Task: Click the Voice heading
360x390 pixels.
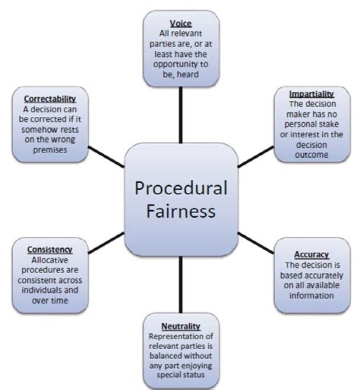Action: (181, 23)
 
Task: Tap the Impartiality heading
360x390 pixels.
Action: (311, 93)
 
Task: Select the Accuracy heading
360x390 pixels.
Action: (311, 255)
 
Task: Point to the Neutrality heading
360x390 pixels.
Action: (181, 327)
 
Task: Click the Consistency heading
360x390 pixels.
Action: (50, 250)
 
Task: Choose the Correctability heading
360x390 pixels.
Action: (50, 99)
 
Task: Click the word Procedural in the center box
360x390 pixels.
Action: (181, 188)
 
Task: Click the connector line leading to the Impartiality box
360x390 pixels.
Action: (255, 156)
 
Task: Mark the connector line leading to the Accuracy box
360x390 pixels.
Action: (255, 242)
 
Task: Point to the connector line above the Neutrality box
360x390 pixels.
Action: (180, 285)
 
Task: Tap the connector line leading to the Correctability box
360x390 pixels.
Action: (106, 158)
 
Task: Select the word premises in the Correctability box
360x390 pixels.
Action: (50, 150)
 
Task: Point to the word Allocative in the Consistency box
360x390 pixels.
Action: (50, 260)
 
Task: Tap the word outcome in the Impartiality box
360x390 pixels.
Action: (311, 155)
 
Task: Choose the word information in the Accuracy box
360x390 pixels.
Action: (311, 295)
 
